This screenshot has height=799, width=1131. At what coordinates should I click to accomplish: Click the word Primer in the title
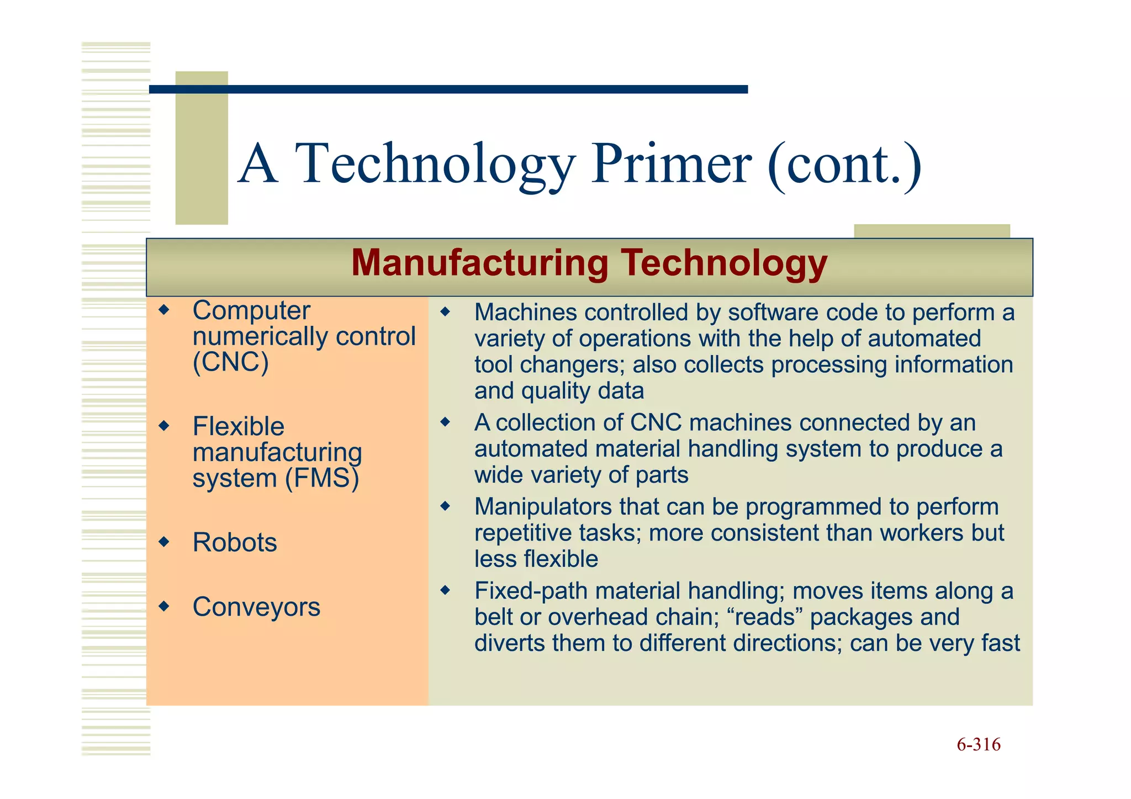[x=670, y=164]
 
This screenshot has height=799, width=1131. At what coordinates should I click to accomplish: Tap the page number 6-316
[x=978, y=744]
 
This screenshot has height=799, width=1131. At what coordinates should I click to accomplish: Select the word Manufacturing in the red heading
[x=479, y=263]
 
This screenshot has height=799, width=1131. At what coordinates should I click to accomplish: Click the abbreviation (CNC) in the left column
[x=230, y=363]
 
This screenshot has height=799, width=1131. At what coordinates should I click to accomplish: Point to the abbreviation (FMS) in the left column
[x=322, y=478]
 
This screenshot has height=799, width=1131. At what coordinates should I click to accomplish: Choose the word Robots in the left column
[x=235, y=542]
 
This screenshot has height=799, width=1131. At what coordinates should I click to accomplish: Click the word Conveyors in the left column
[x=256, y=607]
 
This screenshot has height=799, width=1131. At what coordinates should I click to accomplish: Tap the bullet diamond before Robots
[x=163, y=541]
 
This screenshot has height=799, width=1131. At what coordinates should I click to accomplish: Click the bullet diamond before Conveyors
[x=163, y=606]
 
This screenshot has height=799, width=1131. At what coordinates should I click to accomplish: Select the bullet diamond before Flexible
[x=163, y=425]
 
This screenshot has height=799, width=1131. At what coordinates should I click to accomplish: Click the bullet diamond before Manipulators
[x=445, y=506]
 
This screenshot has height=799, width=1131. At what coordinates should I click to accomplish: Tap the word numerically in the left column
[x=260, y=337]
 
